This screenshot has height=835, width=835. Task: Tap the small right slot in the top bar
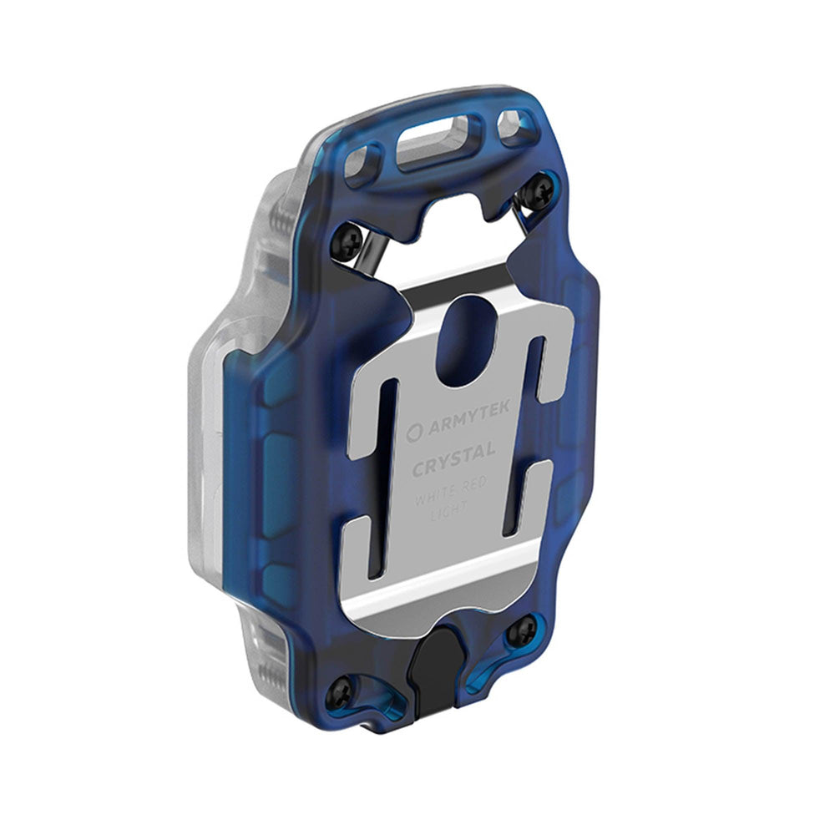[x=512, y=126]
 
